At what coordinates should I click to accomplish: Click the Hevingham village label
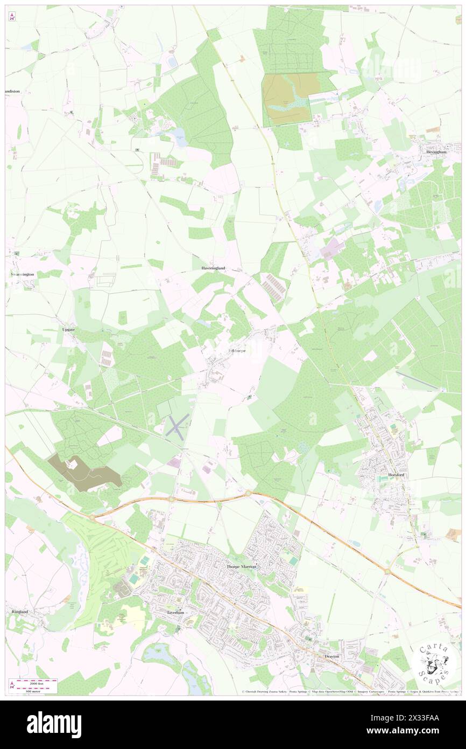pos(436,152)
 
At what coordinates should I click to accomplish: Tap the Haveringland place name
pos(209,268)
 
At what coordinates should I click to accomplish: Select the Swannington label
pos(22,274)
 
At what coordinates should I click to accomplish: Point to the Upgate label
pos(67,329)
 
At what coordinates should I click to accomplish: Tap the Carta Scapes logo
pos(434,663)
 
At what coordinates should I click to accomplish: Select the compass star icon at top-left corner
pos(12,17)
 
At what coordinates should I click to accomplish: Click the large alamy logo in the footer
pos(54,724)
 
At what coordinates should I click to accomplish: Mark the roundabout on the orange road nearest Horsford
pos(386,570)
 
